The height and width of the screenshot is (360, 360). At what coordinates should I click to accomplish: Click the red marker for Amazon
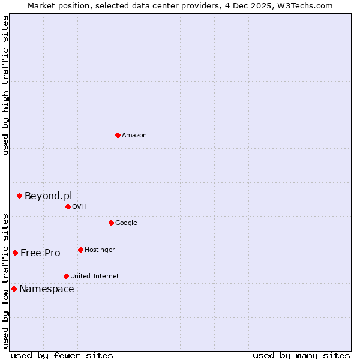tap(118, 135)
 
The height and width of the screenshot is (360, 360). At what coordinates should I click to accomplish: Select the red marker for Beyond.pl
tap(19, 196)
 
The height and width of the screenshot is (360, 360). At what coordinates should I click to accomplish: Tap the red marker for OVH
tap(68, 206)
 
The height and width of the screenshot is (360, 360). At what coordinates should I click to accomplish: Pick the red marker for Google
tap(111, 223)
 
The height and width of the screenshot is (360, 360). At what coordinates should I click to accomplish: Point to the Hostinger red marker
tap(80, 250)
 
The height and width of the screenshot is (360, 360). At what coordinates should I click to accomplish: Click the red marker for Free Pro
tap(15, 253)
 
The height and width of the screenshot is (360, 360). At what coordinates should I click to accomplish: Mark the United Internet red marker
tap(66, 276)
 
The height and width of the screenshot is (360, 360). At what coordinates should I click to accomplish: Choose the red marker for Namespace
tap(14, 289)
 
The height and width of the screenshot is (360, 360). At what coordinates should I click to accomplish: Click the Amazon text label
tap(134, 135)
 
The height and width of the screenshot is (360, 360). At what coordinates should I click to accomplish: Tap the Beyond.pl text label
tap(48, 196)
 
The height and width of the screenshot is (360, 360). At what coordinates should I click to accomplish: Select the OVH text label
tap(79, 206)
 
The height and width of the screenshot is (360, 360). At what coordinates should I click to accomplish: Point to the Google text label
tap(126, 223)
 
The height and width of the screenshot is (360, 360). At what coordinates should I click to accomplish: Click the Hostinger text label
tap(100, 250)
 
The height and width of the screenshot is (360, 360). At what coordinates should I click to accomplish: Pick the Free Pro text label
tap(40, 253)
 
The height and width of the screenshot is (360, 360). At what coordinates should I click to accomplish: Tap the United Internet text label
tap(94, 276)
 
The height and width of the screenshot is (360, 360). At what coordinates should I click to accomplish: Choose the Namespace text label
tap(47, 289)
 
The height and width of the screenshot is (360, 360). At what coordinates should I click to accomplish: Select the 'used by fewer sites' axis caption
tap(62, 355)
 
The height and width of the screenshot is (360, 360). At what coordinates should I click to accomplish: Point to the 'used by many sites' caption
tap(301, 355)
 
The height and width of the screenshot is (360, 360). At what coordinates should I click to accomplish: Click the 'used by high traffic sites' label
tap(5, 85)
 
